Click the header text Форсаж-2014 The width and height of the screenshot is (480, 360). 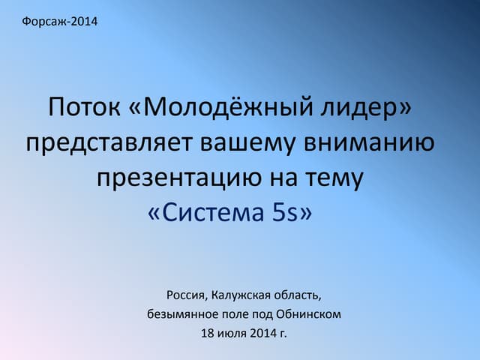click(61, 20)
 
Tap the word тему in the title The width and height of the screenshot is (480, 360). click(336, 178)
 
